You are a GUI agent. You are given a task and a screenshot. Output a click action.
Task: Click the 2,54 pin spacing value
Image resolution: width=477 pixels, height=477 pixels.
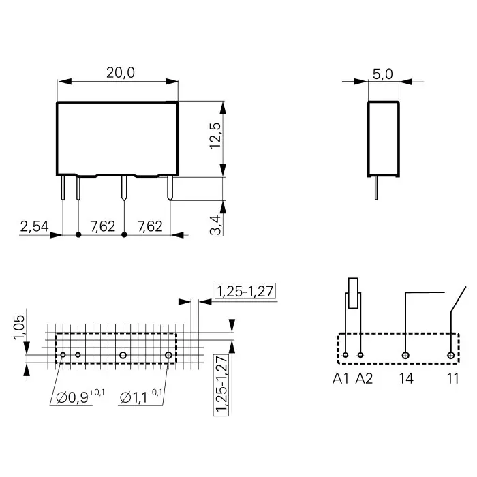click(33, 226)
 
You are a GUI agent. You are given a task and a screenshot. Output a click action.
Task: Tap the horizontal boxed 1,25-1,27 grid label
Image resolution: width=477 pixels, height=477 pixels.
click(245, 292)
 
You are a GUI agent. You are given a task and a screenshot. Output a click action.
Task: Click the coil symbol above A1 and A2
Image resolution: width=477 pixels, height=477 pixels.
click(353, 293)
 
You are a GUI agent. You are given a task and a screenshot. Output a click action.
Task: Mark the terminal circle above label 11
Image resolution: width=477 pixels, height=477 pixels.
click(450, 355)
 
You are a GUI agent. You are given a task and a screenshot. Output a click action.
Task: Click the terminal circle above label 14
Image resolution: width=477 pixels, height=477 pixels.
click(406, 355)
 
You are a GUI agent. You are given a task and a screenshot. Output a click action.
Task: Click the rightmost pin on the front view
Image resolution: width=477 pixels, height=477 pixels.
click(170, 189)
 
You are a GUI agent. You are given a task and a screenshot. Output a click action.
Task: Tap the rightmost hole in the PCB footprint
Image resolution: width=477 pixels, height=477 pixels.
click(168, 355)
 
